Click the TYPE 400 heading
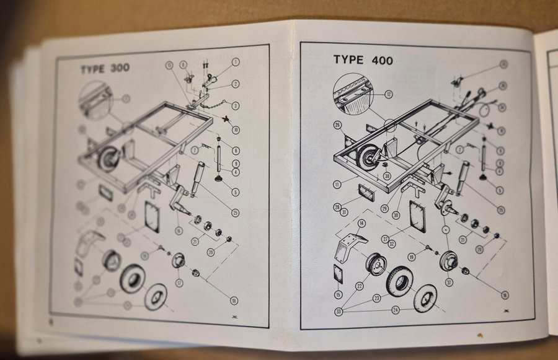tap(363, 60)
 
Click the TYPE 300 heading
tap(105, 68)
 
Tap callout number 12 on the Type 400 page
tap(389, 95)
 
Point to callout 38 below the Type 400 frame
tap(386, 175)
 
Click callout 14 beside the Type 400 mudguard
tap(361, 223)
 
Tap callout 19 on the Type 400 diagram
tap(412, 256)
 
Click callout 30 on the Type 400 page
tap(396, 215)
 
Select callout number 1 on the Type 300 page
tap(236, 62)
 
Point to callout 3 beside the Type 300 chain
tap(236, 105)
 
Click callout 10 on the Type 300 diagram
tap(236, 130)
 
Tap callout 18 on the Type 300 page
tap(234, 301)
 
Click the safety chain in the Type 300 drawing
tap(211, 107)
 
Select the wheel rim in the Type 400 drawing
tap(376, 264)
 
